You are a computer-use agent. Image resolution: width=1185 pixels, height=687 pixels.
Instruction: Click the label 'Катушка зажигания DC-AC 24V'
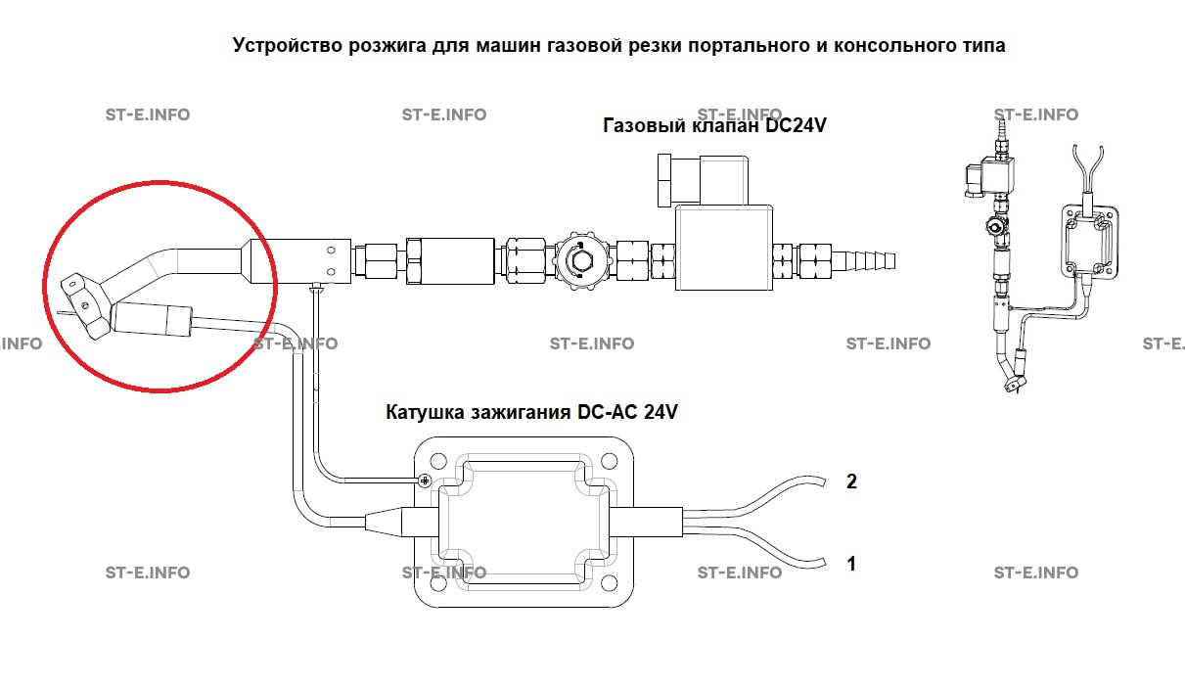(532, 412)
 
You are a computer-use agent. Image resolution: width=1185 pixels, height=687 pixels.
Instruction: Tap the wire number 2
(851, 481)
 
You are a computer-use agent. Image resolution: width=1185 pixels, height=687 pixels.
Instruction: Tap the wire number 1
(851, 564)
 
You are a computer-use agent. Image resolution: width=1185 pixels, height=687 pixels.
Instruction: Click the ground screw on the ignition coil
(425, 481)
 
